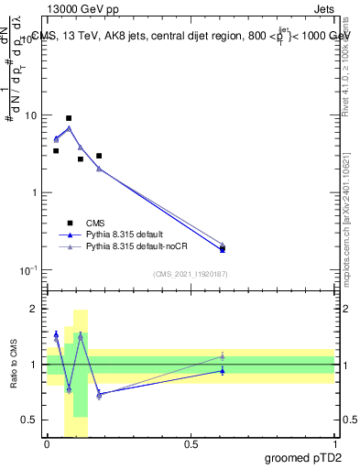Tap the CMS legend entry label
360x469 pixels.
[x=95, y=223]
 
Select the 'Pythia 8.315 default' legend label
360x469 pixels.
[x=125, y=234]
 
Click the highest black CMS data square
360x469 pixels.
[x=69, y=118]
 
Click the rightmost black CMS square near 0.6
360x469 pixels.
[x=222, y=249]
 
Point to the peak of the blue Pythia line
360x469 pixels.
[x=69, y=128]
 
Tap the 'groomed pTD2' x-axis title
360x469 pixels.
[x=303, y=457]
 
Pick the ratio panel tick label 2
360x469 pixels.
[x=34, y=310]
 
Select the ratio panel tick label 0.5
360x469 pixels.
[x=30, y=420]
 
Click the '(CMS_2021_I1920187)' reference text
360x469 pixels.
[x=191, y=274]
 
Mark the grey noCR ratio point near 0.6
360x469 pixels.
[x=222, y=356]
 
